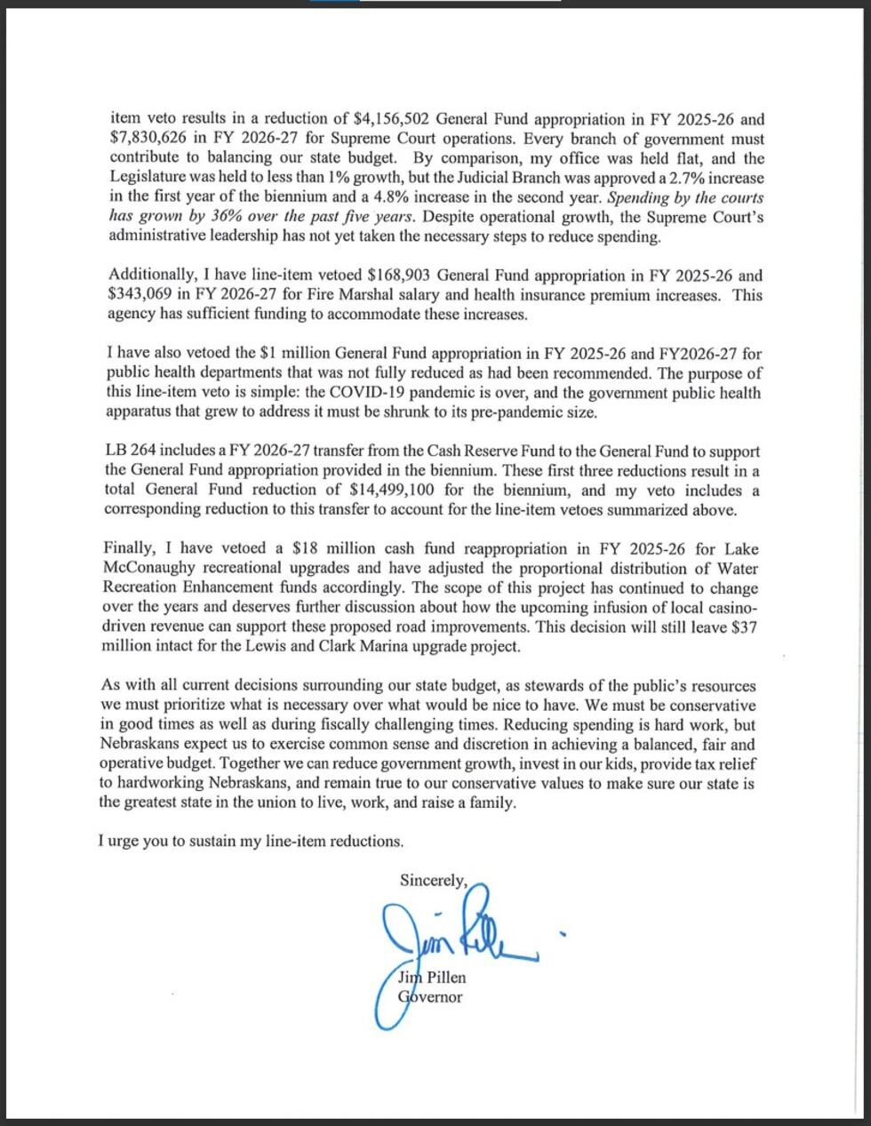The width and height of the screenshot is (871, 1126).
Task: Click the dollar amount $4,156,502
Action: click(x=392, y=119)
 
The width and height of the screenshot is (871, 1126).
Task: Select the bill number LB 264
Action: click(x=132, y=452)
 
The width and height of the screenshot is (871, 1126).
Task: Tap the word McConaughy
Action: click(x=148, y=568)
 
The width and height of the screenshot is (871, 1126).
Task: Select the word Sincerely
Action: click(x=433, y=881)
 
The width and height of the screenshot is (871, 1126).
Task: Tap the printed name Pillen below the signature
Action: click(x=444, y=978)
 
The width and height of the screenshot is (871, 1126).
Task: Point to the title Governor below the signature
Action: click(x=430, y=997)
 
